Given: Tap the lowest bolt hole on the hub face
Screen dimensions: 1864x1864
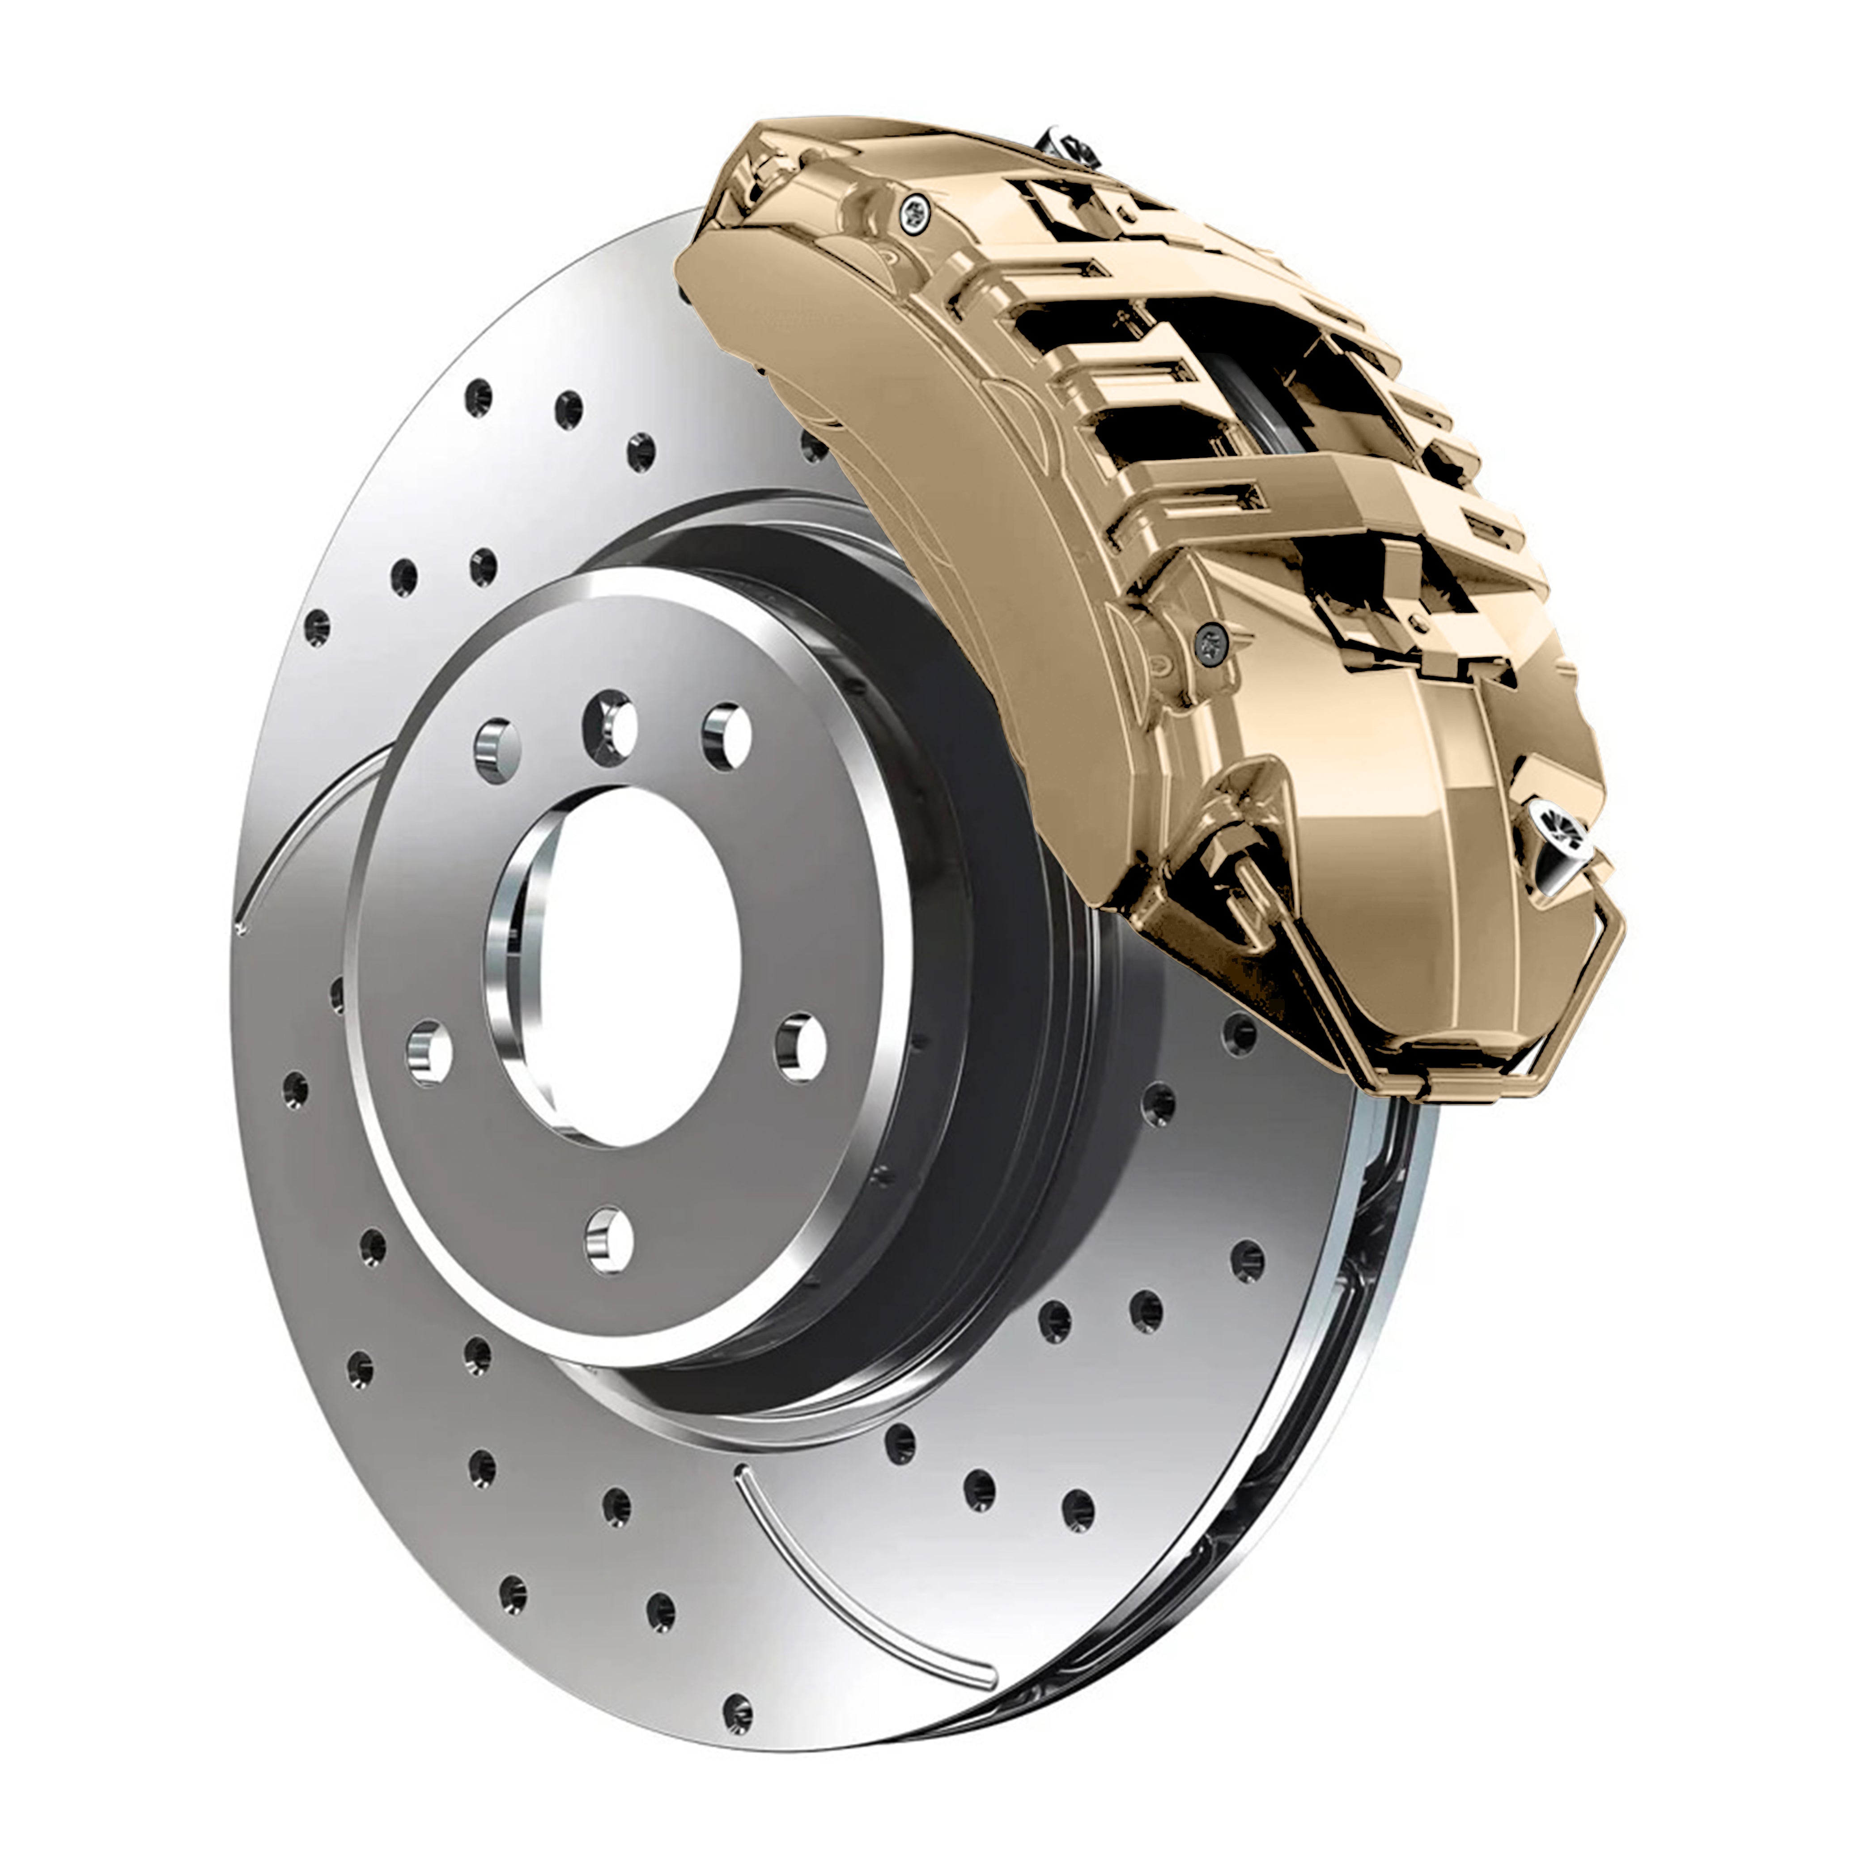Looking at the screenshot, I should coord(610,1238).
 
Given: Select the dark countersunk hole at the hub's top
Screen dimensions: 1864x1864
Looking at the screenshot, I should coord(610,726).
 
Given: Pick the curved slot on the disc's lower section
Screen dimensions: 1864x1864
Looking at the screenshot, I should coord(849,1582).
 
